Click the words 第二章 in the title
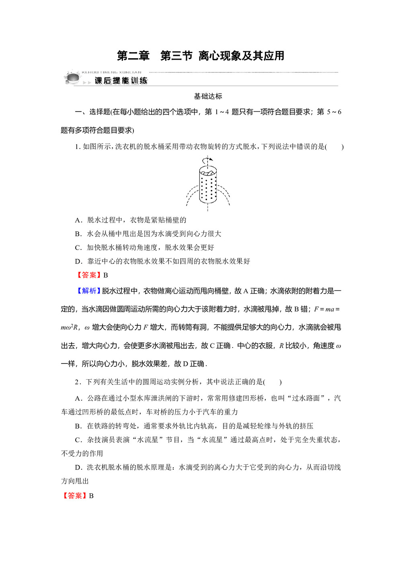(133, 56)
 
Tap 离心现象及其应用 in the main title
(241, 56)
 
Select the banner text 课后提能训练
(121, 81)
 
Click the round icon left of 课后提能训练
(73, 78)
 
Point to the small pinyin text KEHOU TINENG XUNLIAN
(111, 73)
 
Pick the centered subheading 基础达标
(208, 96)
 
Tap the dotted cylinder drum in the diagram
(208, 187)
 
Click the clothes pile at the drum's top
(208, 173)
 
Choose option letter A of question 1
(78, 220)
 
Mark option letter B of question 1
(78, 234)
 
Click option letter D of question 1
(78, 262)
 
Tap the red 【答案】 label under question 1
(89, 275)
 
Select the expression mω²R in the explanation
(69, 327)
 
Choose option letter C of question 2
(78, 440)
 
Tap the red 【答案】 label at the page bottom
(74, 496)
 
